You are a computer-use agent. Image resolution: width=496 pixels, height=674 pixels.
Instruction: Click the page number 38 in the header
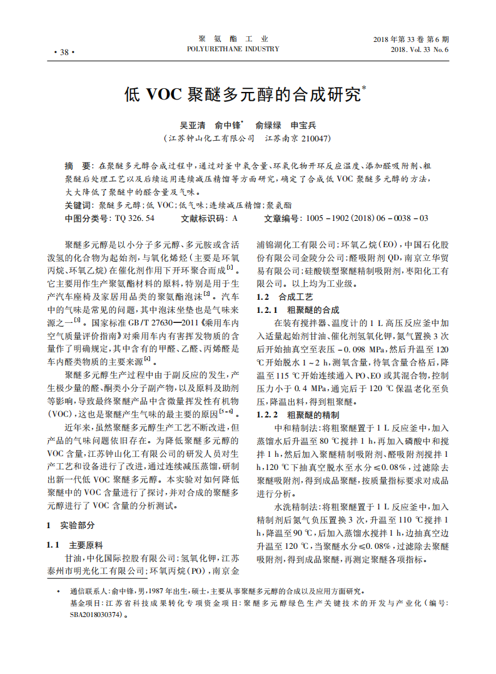click(x=64, y=52)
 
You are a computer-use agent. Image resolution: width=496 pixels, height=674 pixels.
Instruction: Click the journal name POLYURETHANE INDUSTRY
click(x=233, y=49)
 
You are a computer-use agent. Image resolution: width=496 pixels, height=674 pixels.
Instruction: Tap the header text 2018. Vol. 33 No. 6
click(x=420, y=49)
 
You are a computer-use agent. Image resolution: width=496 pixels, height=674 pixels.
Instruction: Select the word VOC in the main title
click(x=162, y=94)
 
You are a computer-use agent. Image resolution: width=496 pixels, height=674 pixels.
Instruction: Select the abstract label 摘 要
click(x=78, y=166)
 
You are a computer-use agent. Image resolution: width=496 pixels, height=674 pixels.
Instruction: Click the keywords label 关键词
click(x=79, y=205)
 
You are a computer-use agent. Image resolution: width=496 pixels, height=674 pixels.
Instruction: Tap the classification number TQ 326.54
click(x=134, y=218)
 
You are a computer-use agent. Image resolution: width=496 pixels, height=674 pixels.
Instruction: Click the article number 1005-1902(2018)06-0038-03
click(x=366, y=218)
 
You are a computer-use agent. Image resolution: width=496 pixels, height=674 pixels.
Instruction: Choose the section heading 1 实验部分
click(x=71, y=525)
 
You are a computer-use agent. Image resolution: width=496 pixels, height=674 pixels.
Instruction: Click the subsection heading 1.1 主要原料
click(x=76, y=544)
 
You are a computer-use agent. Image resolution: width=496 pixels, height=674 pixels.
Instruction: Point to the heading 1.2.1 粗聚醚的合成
click(x=298, y=310)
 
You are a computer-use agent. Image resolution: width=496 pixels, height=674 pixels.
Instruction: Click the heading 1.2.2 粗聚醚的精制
click(x=298, y=415)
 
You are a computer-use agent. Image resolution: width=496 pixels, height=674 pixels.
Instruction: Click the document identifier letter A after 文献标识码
click(x=235, y=218)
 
